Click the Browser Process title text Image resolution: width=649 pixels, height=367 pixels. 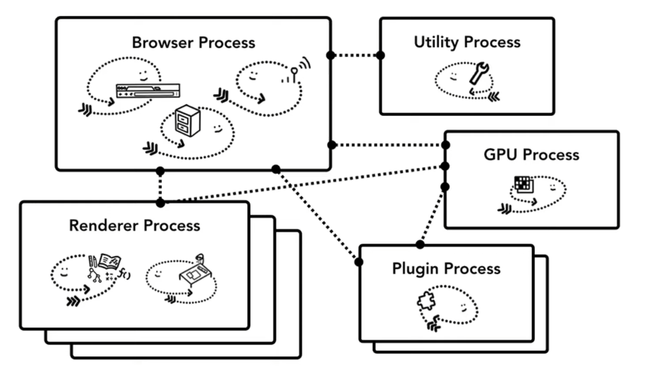click(193, 43)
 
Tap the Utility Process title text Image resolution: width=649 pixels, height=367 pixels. click(467, 42)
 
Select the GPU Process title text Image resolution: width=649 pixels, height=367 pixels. click(531, 154)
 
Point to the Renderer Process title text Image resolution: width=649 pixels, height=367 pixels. click(135, 226)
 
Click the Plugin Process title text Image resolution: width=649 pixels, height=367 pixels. click(446, 269)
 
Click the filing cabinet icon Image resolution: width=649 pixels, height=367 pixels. click(188, 120)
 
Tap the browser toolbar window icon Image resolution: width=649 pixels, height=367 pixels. click(148, 91)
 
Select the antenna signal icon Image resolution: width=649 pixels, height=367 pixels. click(296, 70)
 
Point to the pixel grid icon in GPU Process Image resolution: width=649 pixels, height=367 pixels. click(524, 184)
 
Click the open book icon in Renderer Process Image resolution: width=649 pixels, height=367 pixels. click(109, 261)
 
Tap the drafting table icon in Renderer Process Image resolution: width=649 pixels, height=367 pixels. click(196, 271)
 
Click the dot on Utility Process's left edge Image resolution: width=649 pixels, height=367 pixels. click(380, 55)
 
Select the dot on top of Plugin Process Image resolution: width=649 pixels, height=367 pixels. click(420, 245)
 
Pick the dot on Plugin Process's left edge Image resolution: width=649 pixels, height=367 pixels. click(359, 262)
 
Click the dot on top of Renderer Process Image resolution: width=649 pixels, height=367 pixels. click(160, 203)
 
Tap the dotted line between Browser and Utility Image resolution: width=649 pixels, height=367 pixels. click(355, 55)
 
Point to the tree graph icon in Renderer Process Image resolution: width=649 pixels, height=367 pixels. click(94, 275)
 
